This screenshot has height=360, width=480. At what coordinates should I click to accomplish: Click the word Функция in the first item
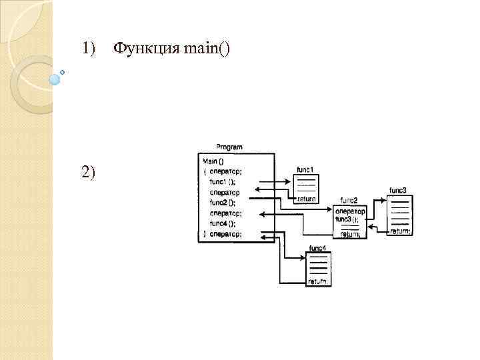click(138, 48)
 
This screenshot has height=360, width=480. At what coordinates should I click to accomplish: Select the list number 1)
click(89, 48)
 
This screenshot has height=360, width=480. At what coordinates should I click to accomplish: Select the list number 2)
click(89, 172)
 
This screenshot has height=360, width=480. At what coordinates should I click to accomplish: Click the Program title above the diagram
click(229, 147)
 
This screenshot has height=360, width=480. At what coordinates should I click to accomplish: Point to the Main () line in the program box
click(214, 161)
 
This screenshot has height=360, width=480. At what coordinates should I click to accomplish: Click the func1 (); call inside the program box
click(222, 181)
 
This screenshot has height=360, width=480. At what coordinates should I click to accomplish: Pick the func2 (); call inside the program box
click(222, 203)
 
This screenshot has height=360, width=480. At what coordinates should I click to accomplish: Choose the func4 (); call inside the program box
click(222, 223)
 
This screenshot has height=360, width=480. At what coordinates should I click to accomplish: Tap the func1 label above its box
click(305, 169)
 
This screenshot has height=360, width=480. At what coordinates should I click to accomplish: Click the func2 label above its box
click(349, 200)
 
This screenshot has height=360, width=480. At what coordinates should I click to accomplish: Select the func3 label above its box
click(398, 190)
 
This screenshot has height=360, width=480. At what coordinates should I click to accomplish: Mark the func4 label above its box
click(317, 248)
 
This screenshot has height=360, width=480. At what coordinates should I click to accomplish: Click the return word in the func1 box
click(307, 199)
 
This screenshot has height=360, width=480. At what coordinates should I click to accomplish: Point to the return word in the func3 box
click(400, 231)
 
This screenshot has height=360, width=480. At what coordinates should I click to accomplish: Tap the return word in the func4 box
click(317, 281)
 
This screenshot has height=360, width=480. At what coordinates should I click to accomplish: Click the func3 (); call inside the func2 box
click(347, 219)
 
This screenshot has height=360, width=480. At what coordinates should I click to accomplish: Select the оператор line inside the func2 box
click(351, 211)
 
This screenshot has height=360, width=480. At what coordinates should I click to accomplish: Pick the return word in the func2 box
click(351, 234)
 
